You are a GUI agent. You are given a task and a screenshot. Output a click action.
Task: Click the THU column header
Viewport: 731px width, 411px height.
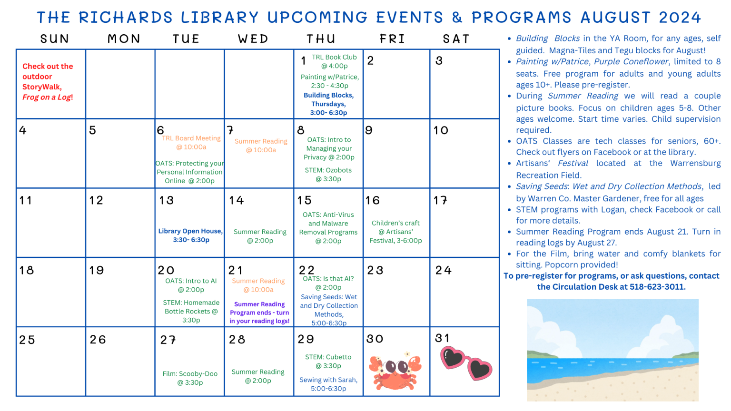pos(321,39)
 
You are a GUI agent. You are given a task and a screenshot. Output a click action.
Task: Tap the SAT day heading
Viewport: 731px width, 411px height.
pos(456,39)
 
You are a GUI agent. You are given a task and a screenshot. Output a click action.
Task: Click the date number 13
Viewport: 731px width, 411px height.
pos(167,200)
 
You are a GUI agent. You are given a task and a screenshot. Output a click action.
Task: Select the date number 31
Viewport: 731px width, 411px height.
pos(442,338)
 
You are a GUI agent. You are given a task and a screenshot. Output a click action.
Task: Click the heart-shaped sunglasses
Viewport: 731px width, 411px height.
pos(466,363)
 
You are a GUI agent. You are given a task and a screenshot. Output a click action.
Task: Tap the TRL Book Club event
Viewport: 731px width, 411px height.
pos(334,61)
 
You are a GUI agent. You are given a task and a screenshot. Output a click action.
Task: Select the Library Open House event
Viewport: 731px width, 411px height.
pos(190,235)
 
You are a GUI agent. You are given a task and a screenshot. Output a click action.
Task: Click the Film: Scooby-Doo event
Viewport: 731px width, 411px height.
pos(190,378)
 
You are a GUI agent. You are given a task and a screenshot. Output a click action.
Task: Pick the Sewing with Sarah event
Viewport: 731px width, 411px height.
pos(328,384)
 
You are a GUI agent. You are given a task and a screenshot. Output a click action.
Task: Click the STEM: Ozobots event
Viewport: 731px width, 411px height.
pos(328,174)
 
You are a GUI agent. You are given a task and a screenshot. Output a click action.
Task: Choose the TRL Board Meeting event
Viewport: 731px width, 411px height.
pos(191,143)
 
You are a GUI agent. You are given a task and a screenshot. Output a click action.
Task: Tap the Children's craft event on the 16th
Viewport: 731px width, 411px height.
pos(395,232)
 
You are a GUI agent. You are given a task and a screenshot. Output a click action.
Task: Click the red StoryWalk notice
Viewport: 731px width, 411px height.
pos(48,81)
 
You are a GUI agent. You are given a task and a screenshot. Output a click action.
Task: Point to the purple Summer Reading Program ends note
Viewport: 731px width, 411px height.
pos(259,313)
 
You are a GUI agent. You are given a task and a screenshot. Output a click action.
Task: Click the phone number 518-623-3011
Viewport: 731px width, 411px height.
pos(657,287)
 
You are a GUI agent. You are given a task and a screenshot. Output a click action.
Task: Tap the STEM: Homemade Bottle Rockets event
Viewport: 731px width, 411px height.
pos(191,311)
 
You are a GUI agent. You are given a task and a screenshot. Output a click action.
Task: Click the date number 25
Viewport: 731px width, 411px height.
pos(27,340)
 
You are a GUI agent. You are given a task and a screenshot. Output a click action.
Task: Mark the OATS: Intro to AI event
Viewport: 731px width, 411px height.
pos(191,285)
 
